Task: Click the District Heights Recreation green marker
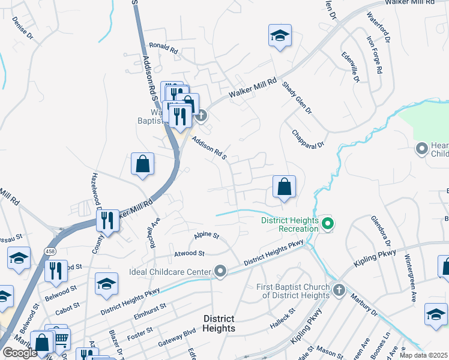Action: coord(327,225)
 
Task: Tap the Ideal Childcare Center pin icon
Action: coord(221,272)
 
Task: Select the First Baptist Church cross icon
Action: coord(339,290)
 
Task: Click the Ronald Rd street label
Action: coord(164,49)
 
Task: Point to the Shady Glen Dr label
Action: coord(297,98)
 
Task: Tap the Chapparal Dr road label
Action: coord(308,139)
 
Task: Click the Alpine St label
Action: coord(207,236)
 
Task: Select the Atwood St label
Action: coord(190,254)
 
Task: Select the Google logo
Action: coord(19,353)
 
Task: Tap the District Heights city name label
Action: coord(218,323)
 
